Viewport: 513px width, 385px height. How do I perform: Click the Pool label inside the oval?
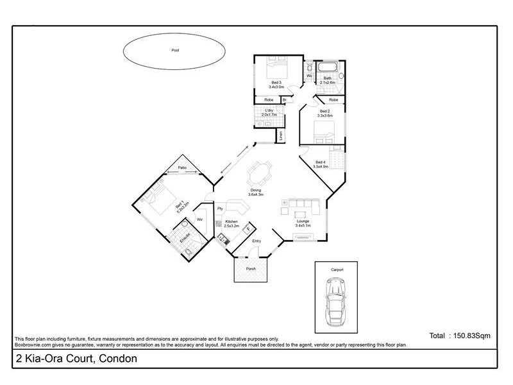click(175, 50)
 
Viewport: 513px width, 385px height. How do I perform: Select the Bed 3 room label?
click(276, 84)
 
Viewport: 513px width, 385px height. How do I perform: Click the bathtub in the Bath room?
click(326, 68)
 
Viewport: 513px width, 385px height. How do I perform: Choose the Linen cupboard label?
click(280, 136)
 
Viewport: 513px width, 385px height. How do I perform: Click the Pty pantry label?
click(219, 209)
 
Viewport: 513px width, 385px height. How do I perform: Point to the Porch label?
click(251, 269)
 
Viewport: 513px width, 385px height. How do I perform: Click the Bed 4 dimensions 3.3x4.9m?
click(321, 166)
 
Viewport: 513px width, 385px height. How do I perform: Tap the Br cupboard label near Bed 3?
click(285, 99)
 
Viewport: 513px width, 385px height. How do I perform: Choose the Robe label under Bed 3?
click(269, 99)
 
